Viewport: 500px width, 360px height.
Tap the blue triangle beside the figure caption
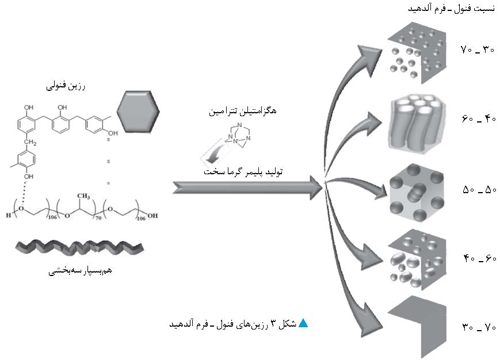tap(303, 323)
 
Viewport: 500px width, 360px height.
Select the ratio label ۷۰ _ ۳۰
tap(478, 50)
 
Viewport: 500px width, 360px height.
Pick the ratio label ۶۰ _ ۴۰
tap(478, 119)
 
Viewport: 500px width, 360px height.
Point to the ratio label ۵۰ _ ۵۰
tap(478, 189)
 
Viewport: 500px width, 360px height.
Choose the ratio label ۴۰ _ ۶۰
tap(478, 259)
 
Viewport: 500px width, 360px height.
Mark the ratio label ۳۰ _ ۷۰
tap(478, 328)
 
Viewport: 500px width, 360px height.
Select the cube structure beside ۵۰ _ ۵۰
tap(415, 193)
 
